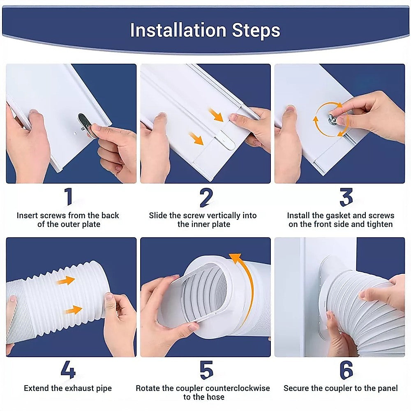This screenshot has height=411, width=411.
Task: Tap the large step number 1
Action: (68, 197)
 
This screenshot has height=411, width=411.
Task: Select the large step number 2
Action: (205, 197)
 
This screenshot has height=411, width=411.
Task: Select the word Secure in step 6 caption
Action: (297, 388)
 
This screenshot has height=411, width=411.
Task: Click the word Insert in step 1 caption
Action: (28, 215)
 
